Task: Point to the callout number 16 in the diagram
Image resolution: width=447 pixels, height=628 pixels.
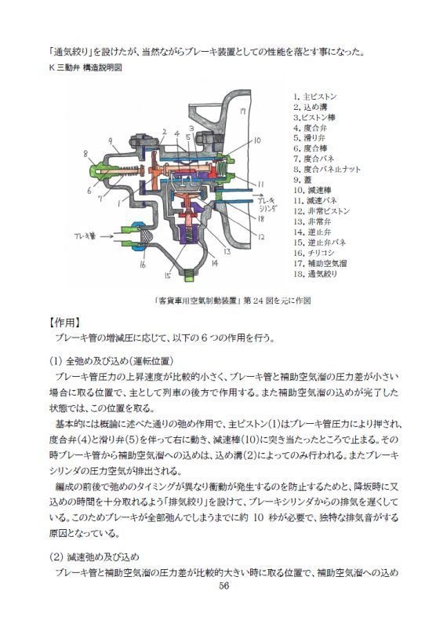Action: point(141,265)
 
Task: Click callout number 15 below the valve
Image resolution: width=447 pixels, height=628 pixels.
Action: point(167,276)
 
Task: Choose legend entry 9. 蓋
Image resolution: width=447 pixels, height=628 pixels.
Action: point(302,179)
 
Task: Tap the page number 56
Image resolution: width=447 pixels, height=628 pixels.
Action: point(223,586)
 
